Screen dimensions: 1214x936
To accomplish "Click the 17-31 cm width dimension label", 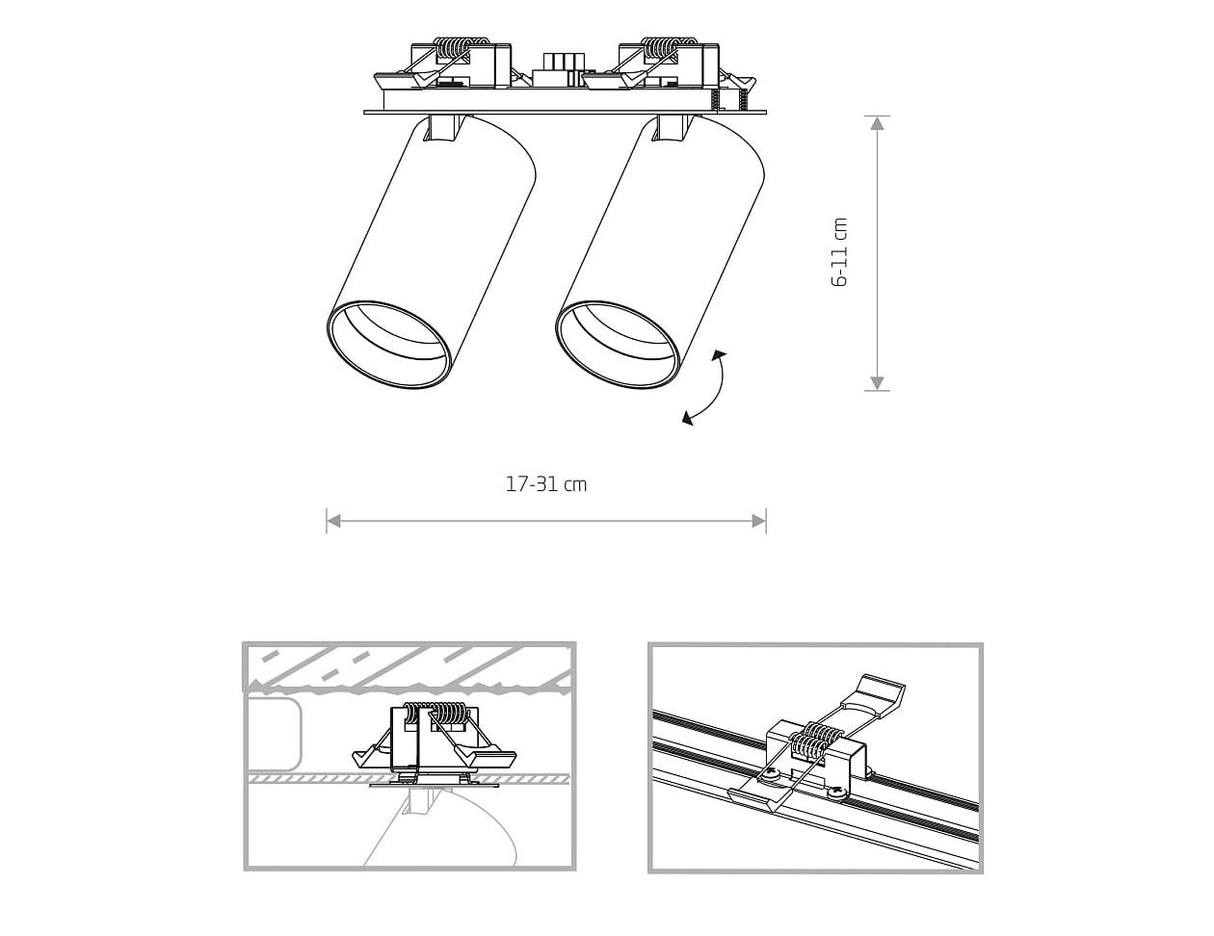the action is tap(546, 484).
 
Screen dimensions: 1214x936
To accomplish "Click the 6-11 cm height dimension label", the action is tap(839, 252).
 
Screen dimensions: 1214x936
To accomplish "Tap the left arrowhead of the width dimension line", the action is tap(333, 521).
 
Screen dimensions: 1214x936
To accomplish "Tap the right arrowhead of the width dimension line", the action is tap(758, 521).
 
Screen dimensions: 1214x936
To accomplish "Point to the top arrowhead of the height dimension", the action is tap(877, 123).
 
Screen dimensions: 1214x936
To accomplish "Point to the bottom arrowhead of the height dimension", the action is tap(877, 383).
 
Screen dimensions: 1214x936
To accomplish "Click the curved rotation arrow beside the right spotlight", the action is tap(705, 388).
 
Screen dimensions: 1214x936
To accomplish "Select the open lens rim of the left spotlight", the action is tap(389, 345).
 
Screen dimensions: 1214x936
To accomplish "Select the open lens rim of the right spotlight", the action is tap(618, 345).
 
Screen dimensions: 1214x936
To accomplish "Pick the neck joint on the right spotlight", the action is tap(674, 128).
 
